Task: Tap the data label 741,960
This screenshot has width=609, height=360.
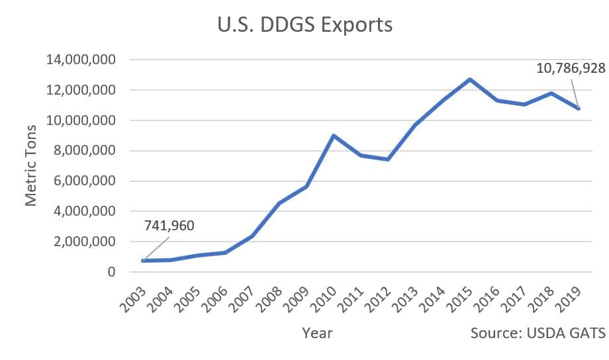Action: point(169,226)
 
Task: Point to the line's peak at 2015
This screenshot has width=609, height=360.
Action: point(469,79)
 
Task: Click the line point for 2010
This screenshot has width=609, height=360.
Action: point(334,136)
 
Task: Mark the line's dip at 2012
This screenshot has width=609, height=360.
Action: point(388,159)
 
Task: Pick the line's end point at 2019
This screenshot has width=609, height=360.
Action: point(579,109)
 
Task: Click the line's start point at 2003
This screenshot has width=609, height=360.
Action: point(144,261)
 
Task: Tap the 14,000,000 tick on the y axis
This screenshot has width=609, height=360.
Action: point(81,60)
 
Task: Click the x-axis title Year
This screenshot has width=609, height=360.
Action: point(317,333)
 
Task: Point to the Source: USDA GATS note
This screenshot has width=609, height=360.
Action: point(538,333)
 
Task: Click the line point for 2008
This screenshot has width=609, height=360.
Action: point(279,203)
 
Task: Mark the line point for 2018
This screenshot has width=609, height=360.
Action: point(551,93)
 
